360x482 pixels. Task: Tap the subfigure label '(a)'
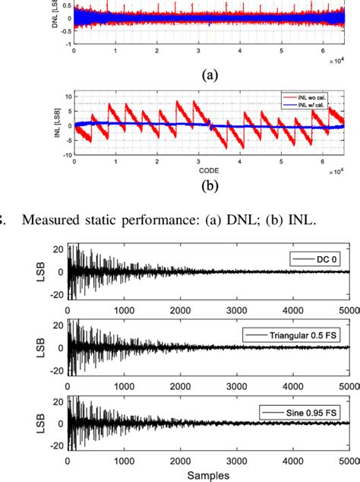click(x=209, y=75)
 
